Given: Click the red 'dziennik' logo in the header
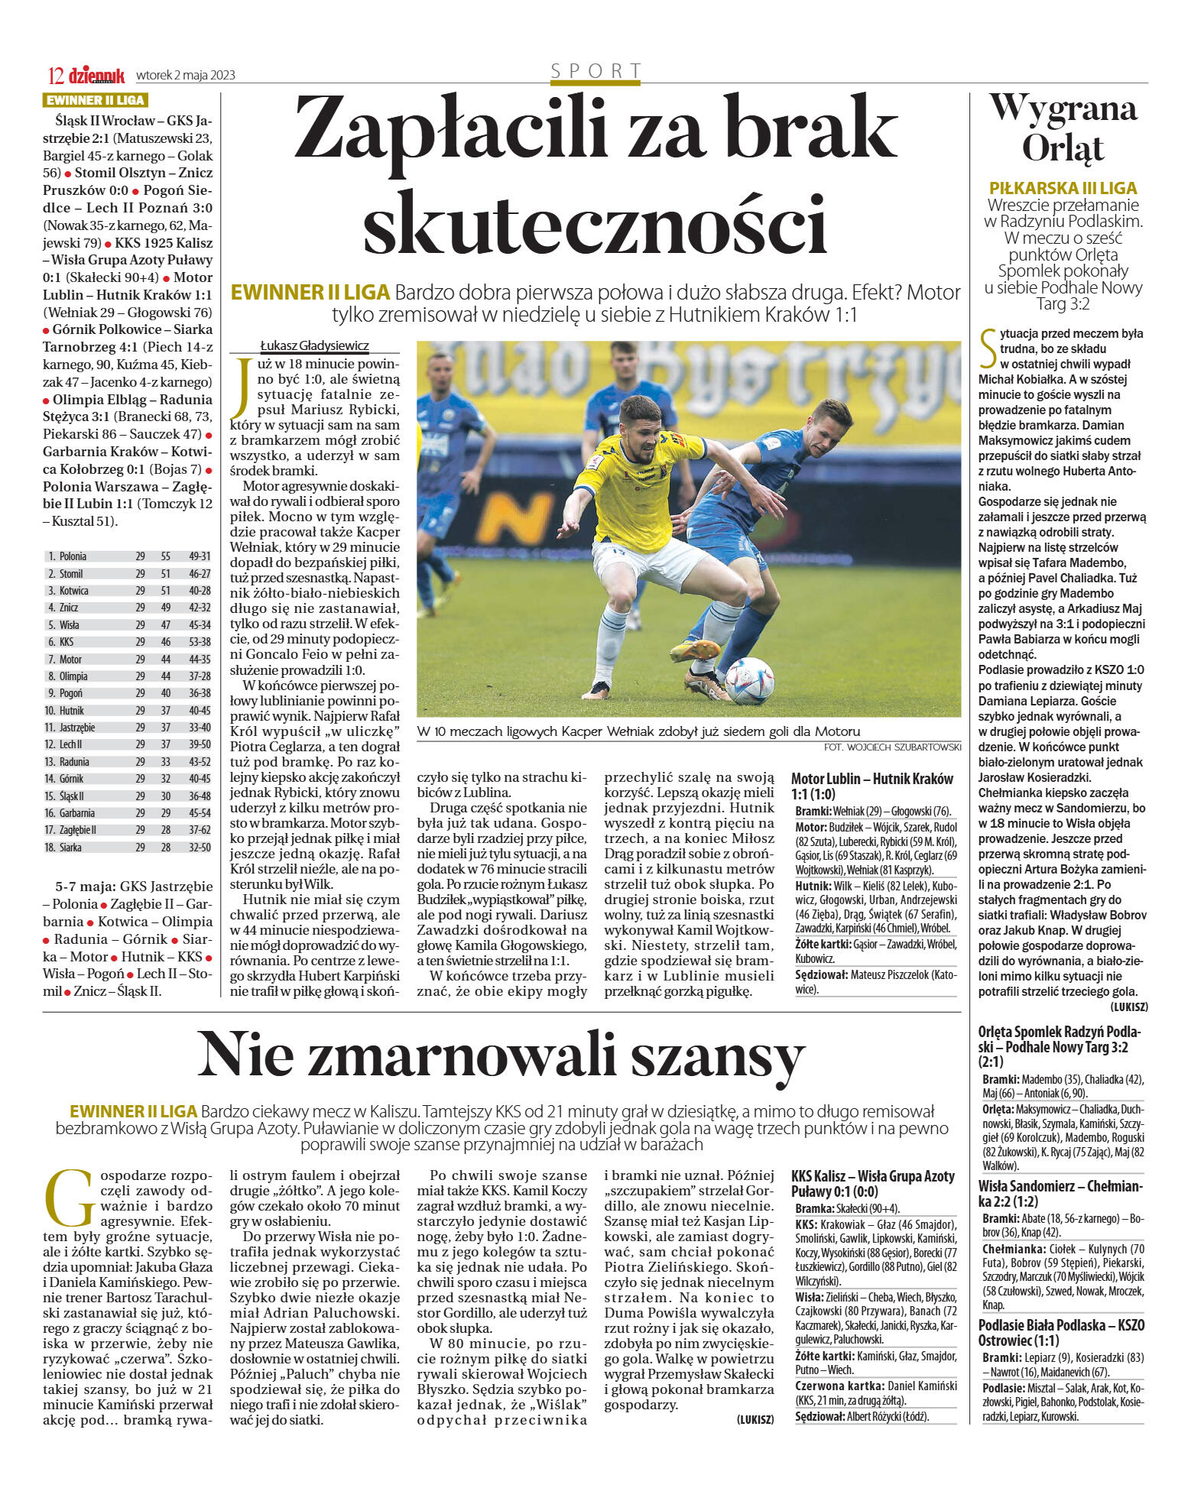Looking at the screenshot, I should click(96, 75).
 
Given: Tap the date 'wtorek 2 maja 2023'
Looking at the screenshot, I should click(186, 75).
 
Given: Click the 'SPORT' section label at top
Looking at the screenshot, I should click(595, 71).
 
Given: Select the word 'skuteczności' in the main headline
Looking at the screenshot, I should click(595, 223).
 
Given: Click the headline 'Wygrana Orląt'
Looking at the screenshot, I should click(1063, 127).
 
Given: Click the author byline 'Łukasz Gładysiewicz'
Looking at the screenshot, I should click(314, 345).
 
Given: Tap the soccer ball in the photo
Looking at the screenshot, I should click(749, 680).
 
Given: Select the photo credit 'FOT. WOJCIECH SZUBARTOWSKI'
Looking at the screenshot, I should click(893, 747).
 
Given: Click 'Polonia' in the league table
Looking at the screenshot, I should click(73, 556).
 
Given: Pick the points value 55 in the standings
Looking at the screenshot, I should click(166, 556).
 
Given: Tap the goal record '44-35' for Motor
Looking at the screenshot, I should click(200, 659).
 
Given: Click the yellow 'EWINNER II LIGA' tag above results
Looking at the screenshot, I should click(95, 100).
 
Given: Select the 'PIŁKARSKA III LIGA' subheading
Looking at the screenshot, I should click(1063, 188).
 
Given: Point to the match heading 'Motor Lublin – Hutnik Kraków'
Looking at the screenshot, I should click(871, 779).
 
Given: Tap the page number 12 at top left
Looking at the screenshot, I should click(55, 76).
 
